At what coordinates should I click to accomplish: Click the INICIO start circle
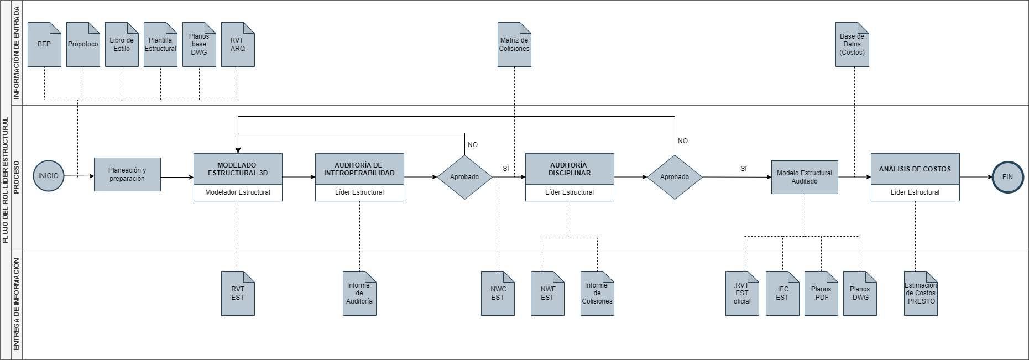[x=49, y=176]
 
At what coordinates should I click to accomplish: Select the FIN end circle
[x=1007, y=177]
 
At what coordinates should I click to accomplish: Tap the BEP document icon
[x=44, y=45]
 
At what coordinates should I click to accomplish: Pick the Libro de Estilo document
[x=122, y=45]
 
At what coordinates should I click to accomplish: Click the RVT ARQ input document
[x=238, y=45]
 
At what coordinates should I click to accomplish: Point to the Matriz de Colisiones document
[x=514, y=45]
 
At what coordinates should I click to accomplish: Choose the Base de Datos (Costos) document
[x=852, y=45]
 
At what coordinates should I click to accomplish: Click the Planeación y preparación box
[x=127, y=175]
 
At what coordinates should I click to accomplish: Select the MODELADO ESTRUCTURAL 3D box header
[x=238, y=169]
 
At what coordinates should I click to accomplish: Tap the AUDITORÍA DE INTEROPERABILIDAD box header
[x=359, y=169]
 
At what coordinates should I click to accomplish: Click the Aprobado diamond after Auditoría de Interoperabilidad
[x=464, y=177]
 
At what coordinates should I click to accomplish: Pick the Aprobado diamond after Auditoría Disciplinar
[x=675, y=177]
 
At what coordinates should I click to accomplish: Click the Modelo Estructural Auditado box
[x=805, y=177]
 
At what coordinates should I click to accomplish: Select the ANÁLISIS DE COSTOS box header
[x=915, y=169]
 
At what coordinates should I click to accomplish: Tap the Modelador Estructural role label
[x=238, y=192]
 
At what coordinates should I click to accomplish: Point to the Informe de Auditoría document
[x=359, y=294]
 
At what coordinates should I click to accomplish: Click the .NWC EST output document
[x=498, y=294]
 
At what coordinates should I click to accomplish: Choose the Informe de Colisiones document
[x=597, y=294]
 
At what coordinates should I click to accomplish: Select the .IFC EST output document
[x=782, y=294]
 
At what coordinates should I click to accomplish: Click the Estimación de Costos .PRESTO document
[x=921, y=294]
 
